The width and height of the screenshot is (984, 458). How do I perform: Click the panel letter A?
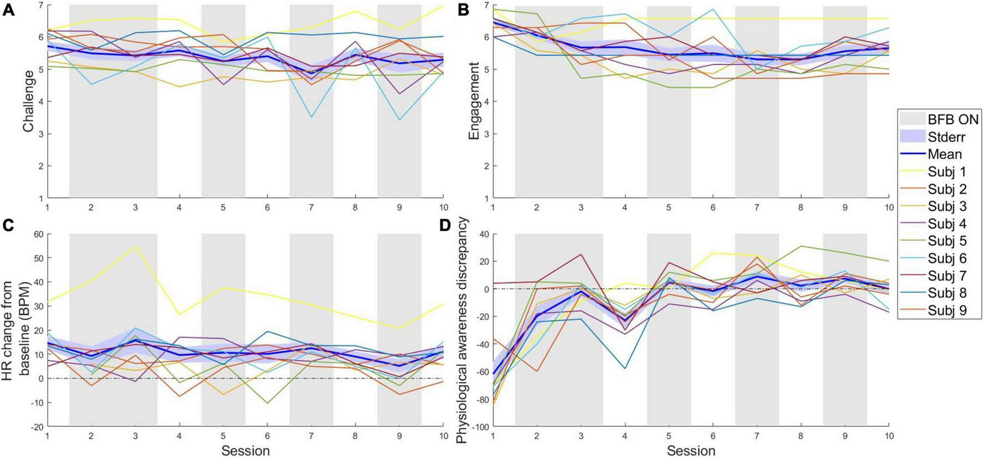point(8,9)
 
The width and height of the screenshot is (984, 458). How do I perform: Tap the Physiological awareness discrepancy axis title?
point(463,330)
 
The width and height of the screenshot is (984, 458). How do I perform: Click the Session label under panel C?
point(245,450)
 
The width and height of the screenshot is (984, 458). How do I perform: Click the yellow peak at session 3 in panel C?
point(135,246)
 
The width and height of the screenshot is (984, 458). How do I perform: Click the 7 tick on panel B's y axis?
point(486,5)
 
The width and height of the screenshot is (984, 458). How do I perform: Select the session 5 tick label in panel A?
point(223,207)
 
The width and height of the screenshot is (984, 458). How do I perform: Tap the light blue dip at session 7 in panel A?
point(312,117)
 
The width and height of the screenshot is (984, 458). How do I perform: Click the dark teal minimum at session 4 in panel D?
point(625,368)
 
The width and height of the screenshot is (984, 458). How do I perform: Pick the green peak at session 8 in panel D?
point(801,246)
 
